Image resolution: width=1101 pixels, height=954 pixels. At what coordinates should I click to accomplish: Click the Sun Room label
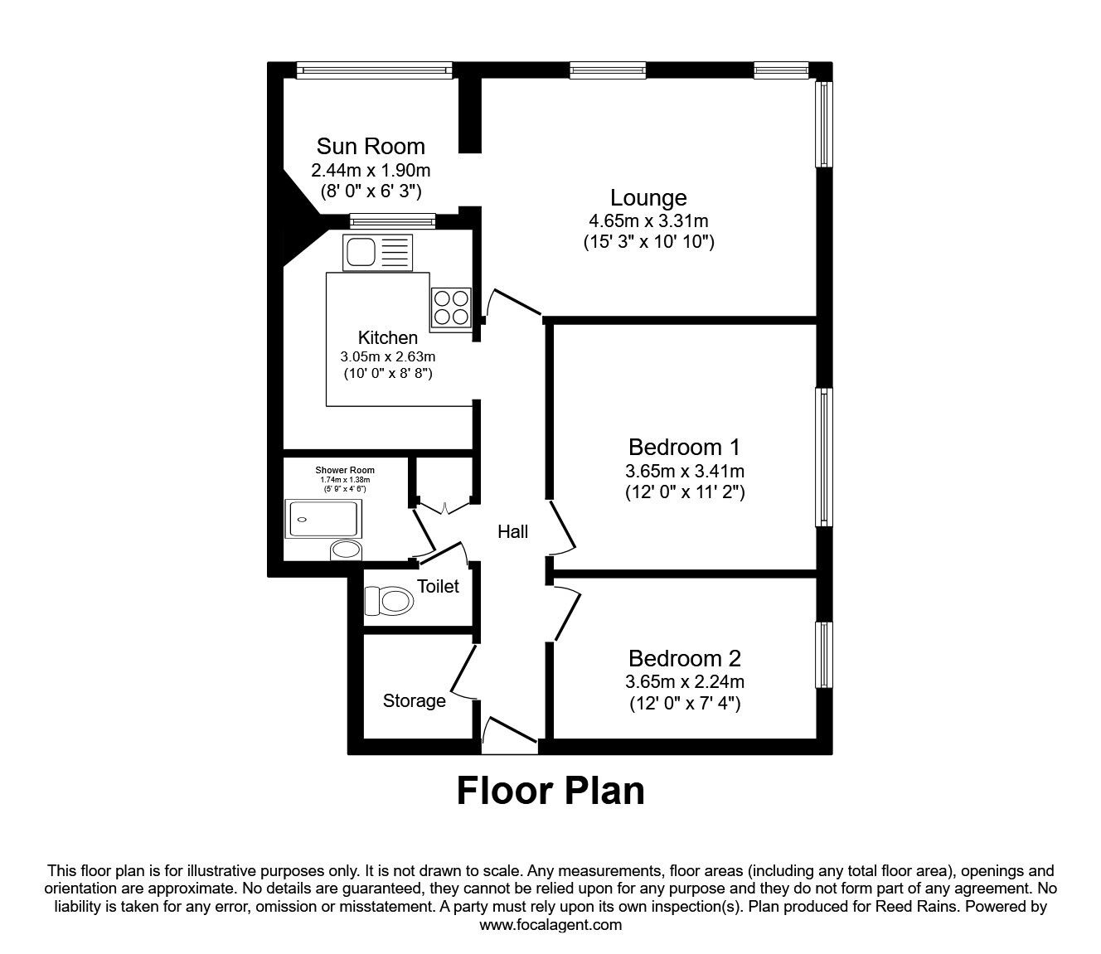[371, 147]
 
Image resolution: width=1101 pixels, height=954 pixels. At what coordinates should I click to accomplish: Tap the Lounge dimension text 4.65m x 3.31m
[648, 220]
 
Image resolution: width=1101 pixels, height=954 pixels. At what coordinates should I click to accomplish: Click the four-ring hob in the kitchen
[450, 307]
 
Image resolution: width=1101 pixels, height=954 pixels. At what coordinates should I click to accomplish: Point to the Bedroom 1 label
[684, 448]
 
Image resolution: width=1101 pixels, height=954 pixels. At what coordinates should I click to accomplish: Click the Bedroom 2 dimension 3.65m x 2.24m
[684, 682]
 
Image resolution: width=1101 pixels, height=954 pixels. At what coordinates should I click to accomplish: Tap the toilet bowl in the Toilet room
[389, 600]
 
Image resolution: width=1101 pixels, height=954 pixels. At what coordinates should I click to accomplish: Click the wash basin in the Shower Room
[346, 550]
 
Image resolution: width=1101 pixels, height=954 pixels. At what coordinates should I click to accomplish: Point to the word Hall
[512, 532]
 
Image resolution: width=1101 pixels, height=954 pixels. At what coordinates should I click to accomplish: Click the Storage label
[414, 701]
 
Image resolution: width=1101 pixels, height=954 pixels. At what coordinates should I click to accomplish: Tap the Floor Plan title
[550, 791]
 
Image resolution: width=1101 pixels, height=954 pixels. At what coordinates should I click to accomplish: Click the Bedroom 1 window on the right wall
[823, 457]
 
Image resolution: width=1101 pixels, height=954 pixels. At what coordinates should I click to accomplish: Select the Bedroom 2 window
[823, 655]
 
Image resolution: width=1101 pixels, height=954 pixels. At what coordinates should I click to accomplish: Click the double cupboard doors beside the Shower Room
[444, 505]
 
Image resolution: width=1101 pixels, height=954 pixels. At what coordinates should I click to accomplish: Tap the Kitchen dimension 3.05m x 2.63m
[387, 356]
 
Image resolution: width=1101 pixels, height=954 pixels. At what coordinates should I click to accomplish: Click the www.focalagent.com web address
[550, 924]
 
